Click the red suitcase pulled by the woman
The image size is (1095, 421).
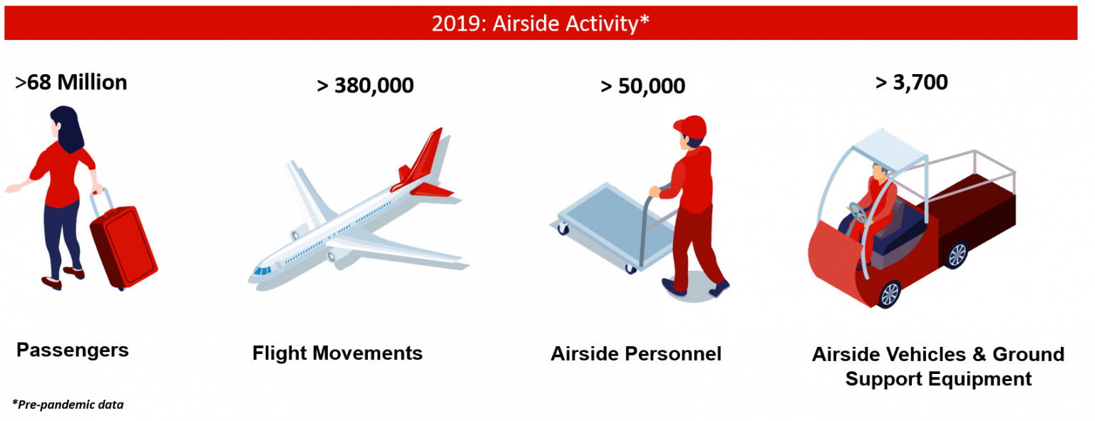123,245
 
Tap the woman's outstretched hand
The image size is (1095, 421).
12,189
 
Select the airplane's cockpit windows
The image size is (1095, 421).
262,270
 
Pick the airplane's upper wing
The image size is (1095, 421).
307,191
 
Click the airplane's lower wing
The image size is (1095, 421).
399,251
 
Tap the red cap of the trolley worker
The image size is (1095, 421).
691,127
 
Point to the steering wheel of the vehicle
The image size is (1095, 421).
858,212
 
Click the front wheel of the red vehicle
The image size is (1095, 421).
889,293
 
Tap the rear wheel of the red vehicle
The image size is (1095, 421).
956,255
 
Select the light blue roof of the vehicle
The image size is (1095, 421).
892,148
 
